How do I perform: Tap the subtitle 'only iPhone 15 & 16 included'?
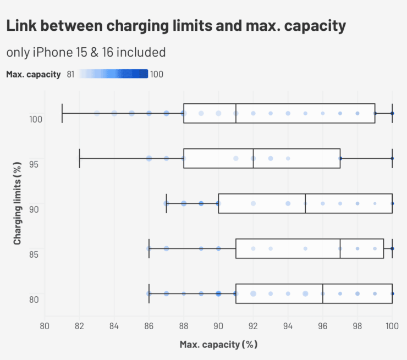[x=86, y=53]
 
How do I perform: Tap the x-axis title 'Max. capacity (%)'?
[x=218, y=345]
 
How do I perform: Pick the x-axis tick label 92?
[x=253, y=327]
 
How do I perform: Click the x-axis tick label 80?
[x=45, y=327]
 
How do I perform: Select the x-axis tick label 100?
[x=391, y=327]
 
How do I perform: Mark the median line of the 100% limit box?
[x=236, y=113]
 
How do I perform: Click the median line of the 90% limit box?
[x=305, y=203]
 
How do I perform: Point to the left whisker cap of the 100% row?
[x=62, y=113]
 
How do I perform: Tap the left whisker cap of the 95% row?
[x=80, y=158]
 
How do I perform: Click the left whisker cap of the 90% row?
[x=167, y=203]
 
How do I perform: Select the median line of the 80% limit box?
[x=323, y=293]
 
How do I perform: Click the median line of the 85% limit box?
[x=340, y=248]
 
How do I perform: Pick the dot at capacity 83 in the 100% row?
[x=97, y=113]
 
